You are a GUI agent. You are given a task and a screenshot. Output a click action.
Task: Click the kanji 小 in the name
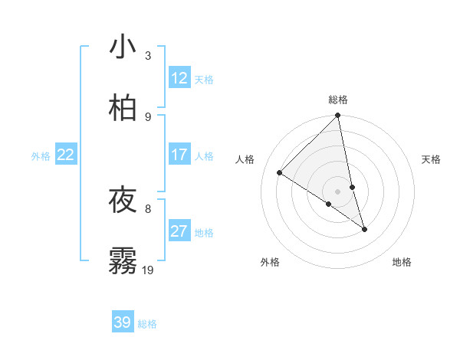point(123,47)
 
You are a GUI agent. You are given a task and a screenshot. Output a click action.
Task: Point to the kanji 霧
point(123,261)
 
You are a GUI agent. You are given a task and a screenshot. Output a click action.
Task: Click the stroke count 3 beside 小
point(148,56)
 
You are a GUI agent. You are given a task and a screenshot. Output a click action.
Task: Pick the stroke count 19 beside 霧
point(148,270)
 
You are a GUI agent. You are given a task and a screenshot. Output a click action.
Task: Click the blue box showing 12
point(179,78)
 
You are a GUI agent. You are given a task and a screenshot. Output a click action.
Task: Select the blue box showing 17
point(179,155)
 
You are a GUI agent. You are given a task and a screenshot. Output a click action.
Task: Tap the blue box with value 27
point(179,231)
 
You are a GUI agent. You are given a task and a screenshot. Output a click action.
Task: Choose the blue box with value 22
point(65,155)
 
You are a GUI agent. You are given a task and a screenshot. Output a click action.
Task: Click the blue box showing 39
point(122,322)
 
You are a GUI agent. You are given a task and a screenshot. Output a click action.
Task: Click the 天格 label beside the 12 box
point(204,80)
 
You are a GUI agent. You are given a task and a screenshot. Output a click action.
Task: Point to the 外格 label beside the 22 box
point(41,156)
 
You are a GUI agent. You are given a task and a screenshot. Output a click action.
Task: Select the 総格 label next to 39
point(147,324)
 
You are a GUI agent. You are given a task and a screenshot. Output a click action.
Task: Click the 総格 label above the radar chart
point(338,100)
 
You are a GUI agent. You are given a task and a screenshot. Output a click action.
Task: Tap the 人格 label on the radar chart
point(245,159)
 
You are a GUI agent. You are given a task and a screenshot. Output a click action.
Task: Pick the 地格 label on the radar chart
point(402,263)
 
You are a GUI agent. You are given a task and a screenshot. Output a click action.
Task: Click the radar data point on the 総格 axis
point(338,116)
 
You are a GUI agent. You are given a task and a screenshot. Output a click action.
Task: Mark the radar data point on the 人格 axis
point(279,172)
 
